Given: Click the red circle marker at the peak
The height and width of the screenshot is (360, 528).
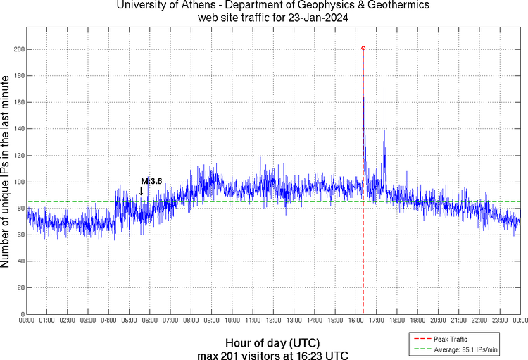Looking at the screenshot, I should click(363, 48).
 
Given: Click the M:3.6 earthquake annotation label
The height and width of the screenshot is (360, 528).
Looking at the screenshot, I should click(151, 181).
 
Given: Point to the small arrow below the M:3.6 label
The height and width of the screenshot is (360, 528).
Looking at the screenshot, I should click(141, 191).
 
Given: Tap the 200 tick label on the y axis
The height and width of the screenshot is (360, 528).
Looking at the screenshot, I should click(16, 49).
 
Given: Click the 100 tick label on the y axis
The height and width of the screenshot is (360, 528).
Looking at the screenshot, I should click(16, 182).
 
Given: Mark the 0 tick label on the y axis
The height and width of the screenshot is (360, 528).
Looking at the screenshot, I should click(20, 314).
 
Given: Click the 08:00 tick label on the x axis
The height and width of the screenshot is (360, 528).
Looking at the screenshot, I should click(191, 321).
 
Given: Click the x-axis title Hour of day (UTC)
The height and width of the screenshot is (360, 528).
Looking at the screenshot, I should click(273, 343).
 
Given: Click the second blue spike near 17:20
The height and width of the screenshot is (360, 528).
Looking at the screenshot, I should click(384, 92).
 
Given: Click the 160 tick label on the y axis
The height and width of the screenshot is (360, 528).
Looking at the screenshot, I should click(16, 102).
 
